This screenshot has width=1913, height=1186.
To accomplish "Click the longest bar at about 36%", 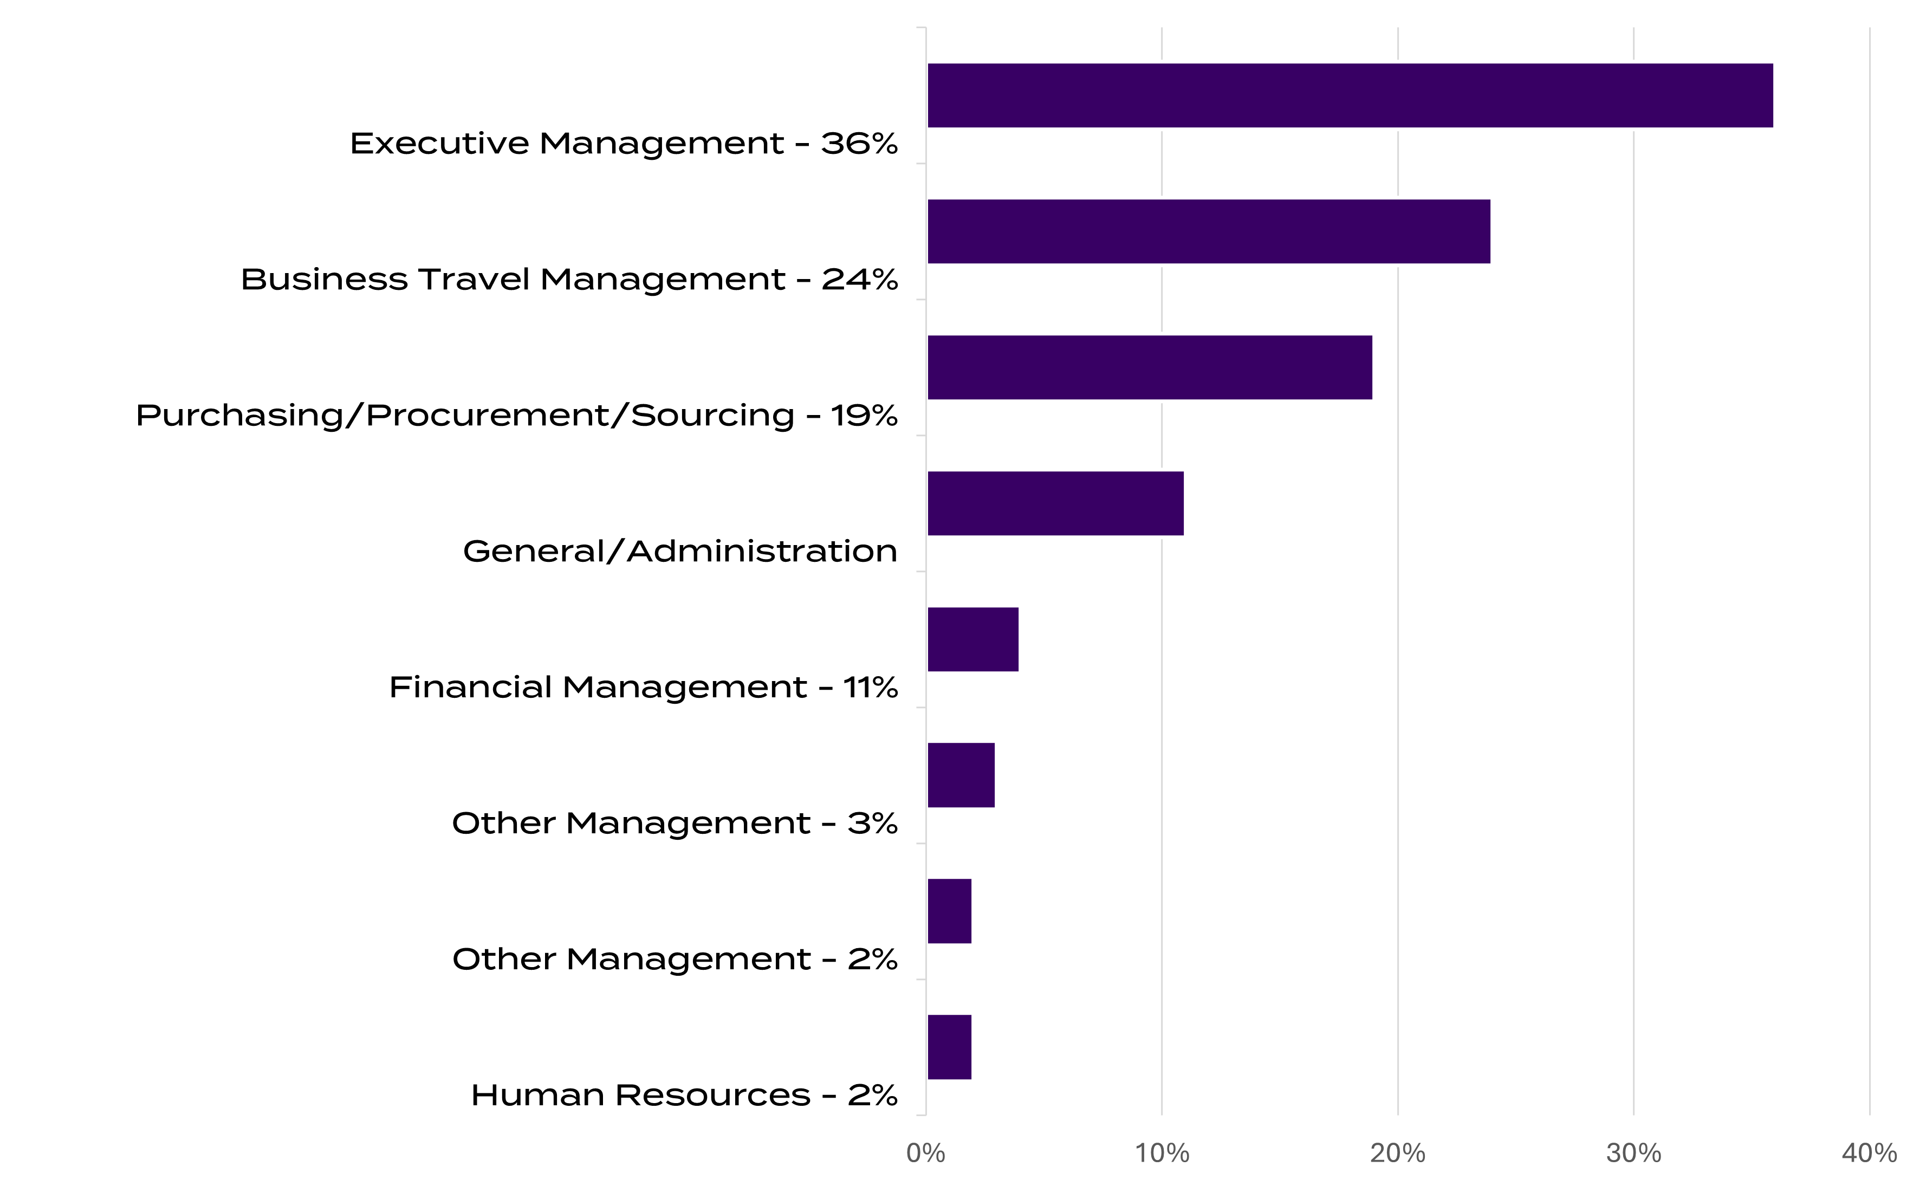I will [x=1350, y=95].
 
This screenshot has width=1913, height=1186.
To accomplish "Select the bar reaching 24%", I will [x=1209, y=231].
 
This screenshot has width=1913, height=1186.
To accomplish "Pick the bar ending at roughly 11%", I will [x=1056, y=503].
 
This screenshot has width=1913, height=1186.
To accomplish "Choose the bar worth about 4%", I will [x=974, y=639].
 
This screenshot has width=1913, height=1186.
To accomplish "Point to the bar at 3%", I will [x=962, y=775].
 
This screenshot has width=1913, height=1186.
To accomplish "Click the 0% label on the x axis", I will [x=925, y=1153].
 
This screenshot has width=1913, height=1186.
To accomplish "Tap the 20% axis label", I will [x=1398, y=1153].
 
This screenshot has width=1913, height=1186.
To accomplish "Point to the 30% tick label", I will [x=1634, y=1153].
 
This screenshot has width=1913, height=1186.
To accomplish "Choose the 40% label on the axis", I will [x=1870, y=1153].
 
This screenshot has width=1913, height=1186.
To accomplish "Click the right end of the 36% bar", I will [x=1775, y=95].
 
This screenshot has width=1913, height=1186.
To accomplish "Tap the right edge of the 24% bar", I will [x=1492, y=231].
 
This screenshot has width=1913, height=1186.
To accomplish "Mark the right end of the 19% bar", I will [x=1374, y=367].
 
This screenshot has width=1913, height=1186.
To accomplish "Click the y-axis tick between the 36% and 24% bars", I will [x=921, y=164].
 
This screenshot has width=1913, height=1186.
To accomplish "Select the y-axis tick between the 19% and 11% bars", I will [x=921, y=436].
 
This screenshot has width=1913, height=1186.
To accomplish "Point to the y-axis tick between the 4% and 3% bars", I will [x=921, y=708].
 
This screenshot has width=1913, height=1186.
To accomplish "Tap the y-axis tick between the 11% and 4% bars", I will [x=921, y=572].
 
